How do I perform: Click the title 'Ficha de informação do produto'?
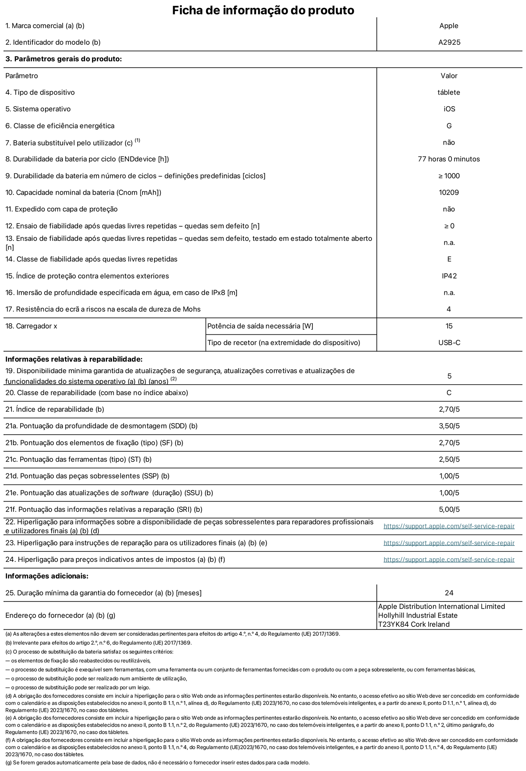pyautogui.click(x=263, y=10)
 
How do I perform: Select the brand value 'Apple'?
pyautogui.click(x=449, y=26)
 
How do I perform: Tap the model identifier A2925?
pyautogui.click(x=449, y=42)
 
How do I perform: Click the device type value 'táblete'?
pyautogui.click(x=449, y=92)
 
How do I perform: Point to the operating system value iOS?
pyautogui.click(x=449, y=109)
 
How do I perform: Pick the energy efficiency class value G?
pyautogui.click(x=449, y=126)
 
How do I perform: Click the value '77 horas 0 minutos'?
pyautogui.click(x=449, y=159)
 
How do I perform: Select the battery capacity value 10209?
pyautogui.click(x=449, y=193)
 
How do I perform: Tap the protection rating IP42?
pyautogui.click(x=449, y=276)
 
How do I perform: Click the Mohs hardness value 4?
pyautogui.click(x=449, y=309)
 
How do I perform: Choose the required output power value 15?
pyautogui.click(x=449, y=326)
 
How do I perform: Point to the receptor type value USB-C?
pyautogui.click(x=449, y=343)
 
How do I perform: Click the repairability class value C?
pyautogui.click(x=449, y=393)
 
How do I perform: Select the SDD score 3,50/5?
pyautogui.click(x=449, y=426)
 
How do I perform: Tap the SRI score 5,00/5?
pyautogui.click(x=449, y=510)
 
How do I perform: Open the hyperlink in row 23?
pyautogui.click(x=449, y=543)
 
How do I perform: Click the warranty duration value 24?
pyautogui.click(x=449, y=593)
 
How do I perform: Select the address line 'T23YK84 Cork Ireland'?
pyautogui.click(x=414, y=624)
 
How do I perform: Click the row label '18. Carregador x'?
pyautogui.click(x=31, y=326)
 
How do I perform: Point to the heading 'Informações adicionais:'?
pyautogui.click(x=47, y=576)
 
